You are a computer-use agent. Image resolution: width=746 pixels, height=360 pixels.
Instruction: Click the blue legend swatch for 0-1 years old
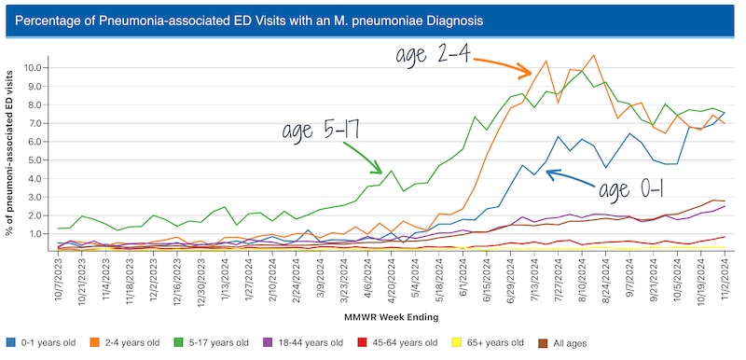(x=10, y=341)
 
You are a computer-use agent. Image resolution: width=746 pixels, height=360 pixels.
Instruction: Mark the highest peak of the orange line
(x=594, y=55)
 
